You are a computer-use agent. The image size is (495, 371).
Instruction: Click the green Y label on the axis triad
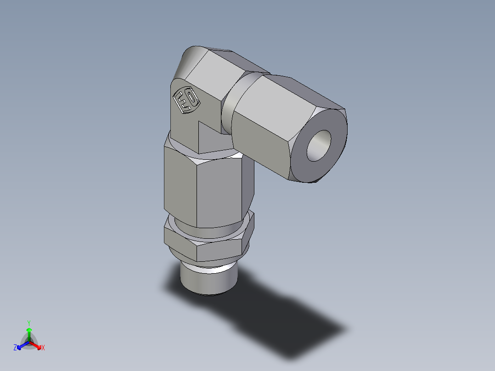click(x=28, y=322)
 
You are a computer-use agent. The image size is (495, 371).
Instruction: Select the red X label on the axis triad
click(x=43, y=348)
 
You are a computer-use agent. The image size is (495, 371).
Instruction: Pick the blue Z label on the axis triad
click(x=15, y=348)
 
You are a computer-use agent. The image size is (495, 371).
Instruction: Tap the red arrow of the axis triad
click(x=37, y=345)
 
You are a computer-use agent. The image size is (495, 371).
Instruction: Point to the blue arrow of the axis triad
click(x=21, y=345)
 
